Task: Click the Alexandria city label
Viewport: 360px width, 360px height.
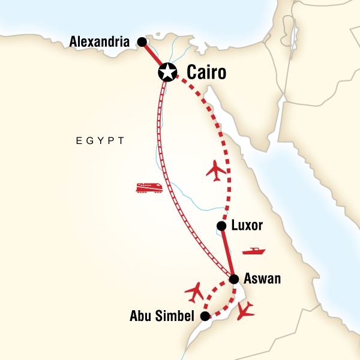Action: tap(100, 42)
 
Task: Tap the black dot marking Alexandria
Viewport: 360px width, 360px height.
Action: tap(142, 42)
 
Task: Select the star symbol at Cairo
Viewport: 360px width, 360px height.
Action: tap(166, 73)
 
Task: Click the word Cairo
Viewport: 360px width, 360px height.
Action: tap(206, 73)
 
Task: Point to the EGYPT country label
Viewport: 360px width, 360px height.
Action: tap(100, 141)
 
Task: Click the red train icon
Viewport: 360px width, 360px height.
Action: tap(149, 188)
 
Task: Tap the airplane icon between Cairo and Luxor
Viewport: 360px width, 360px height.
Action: tap(217, 170)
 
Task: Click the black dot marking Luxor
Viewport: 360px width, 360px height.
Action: tap(221, 226)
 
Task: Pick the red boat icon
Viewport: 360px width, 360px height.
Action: tap(254, 251)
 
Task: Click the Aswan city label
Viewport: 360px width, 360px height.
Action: tap(262, 279)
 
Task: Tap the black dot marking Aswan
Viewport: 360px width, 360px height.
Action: tap(234, 279)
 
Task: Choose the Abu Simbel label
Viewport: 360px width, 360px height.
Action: tap(163, 316)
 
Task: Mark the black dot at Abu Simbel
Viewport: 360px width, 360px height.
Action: tap(205, 316)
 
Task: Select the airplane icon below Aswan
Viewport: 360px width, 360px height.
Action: tap(245, 311)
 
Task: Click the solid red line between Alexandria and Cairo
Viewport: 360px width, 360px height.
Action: tap(153, 56)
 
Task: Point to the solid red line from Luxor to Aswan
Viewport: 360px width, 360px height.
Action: tap(227, 252)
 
